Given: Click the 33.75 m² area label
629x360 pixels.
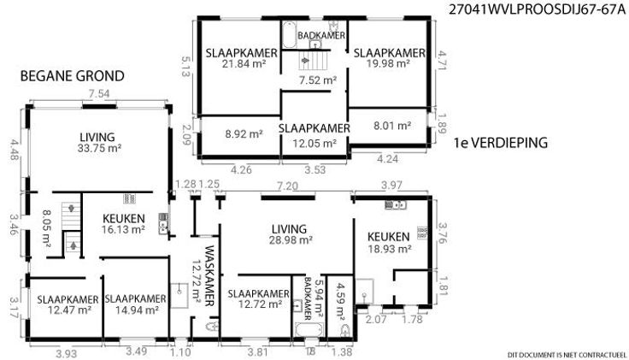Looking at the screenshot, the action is [99, 148].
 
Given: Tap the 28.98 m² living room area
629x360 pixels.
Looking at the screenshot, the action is [291, 240].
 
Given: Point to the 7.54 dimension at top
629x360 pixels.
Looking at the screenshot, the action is [99, 94].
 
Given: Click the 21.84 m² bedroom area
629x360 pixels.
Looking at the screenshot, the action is [244, 63].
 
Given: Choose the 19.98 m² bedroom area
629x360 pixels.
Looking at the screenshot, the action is [388, 63].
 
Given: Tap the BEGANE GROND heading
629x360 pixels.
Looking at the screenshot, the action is [72, 76].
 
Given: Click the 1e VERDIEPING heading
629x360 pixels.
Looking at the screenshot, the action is [501, 143].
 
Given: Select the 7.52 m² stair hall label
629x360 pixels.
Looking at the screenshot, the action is [318, 80].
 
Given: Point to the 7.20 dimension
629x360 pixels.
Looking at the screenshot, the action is [288, 186].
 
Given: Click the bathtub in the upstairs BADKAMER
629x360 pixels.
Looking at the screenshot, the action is [289, 34].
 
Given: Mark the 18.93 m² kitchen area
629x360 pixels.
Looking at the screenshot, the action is [390, 249].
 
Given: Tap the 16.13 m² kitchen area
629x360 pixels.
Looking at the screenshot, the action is [124, 229].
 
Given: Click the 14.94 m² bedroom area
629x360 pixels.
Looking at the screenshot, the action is [137, 310].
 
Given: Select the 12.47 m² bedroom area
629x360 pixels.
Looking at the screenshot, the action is [69, 310].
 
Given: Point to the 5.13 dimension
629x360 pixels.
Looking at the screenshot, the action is [185, 67].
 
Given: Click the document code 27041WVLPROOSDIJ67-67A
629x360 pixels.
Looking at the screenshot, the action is [538, 9].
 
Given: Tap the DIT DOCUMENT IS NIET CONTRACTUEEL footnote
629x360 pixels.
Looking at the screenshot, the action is [567, 355].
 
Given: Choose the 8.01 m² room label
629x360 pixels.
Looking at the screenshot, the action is [392, 126].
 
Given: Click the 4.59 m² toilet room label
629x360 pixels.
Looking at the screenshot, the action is [341, 303].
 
